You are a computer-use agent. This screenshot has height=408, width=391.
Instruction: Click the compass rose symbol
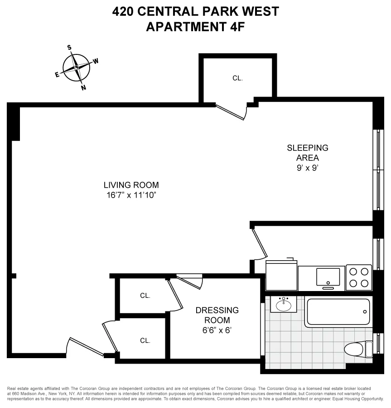[x=76, y=67]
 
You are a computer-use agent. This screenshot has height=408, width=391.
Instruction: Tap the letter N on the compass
[x=83, y=88]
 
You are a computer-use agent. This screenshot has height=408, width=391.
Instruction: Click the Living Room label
[x=131, y=185]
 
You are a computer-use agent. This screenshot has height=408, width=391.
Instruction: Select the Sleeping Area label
[x=307, y=153]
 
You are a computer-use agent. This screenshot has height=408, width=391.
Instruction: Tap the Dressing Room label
[x=217, y=315]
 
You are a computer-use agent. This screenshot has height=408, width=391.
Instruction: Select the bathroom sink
[x=284, y=304]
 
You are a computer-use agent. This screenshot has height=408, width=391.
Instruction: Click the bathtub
[x=338, y=312]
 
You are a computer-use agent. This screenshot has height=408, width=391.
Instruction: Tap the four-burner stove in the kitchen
[x=359, y=277]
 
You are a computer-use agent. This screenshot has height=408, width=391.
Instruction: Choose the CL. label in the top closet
[x=237, y=78]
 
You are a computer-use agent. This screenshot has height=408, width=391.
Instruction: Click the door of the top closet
[x=231, y=112]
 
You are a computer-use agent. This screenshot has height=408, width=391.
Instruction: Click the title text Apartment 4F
[x=195, y=27]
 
